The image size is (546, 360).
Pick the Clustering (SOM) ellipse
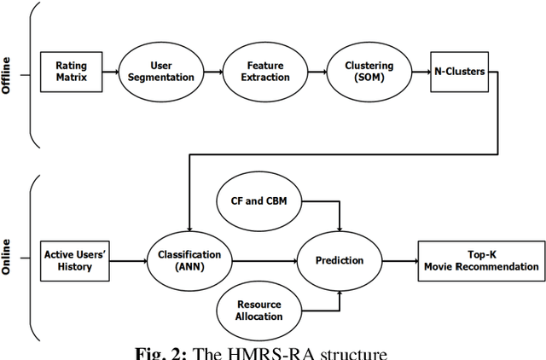(x=370, y=71)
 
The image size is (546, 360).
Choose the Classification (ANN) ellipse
(x=189, y=261)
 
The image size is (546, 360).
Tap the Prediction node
(x=340, y=261)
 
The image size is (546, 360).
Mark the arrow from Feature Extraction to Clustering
(x=318, y=71)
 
